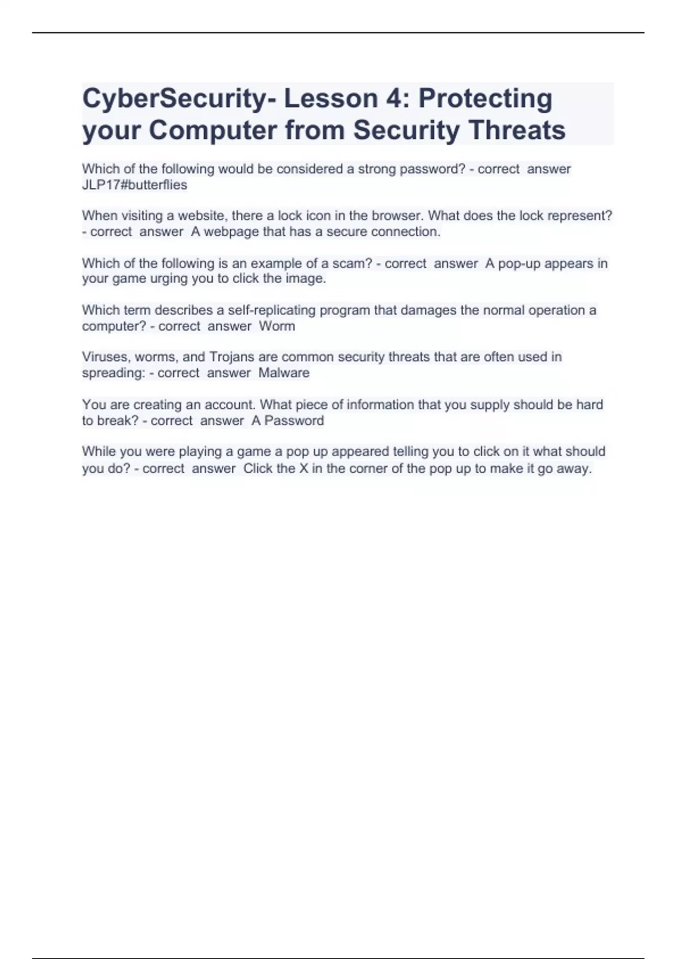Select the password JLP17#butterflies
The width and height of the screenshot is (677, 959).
pos(134,185)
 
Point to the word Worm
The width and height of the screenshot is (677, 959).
pos(277,326)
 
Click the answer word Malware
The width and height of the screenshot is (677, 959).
pos(284,373)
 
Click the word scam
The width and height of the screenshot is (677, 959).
pos(350,263)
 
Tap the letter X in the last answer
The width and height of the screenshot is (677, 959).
pos(304,468)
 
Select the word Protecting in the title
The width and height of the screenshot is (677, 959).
pos(485,99)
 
